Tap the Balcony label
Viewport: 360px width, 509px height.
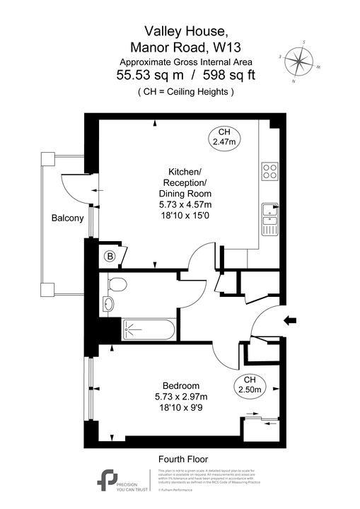[67, 218]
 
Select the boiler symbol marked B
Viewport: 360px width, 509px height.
[110, 256]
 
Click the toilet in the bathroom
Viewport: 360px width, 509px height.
[117, 284]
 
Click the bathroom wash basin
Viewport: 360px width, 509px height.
[108, 304]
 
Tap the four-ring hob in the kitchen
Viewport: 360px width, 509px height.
[269, 170]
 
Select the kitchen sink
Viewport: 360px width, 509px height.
[269, 218]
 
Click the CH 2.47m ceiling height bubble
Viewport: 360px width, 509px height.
[223, 137]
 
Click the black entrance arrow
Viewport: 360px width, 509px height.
[289, 321]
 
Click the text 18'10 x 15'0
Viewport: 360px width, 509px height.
[185, 215]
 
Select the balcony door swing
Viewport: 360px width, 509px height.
[74, 185]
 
